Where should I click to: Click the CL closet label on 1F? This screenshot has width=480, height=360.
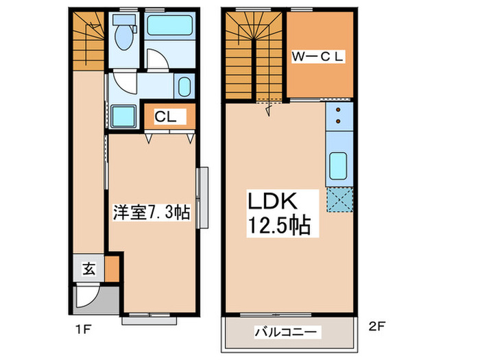pyautogui.click(x=165, y=117)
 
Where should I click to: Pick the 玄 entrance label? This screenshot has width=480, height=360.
pyautogui.click(x=89, y=269)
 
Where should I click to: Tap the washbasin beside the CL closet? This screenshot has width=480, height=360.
pyautogui.click(x=184, y=88)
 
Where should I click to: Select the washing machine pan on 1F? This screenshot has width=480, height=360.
pyautogui.click(x=124, y=115)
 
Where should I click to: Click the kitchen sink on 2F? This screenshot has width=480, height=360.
pyautogui.click(x=338, y=165)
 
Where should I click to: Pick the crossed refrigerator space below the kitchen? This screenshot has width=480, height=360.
pyautogui.click(x=339, y=200)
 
